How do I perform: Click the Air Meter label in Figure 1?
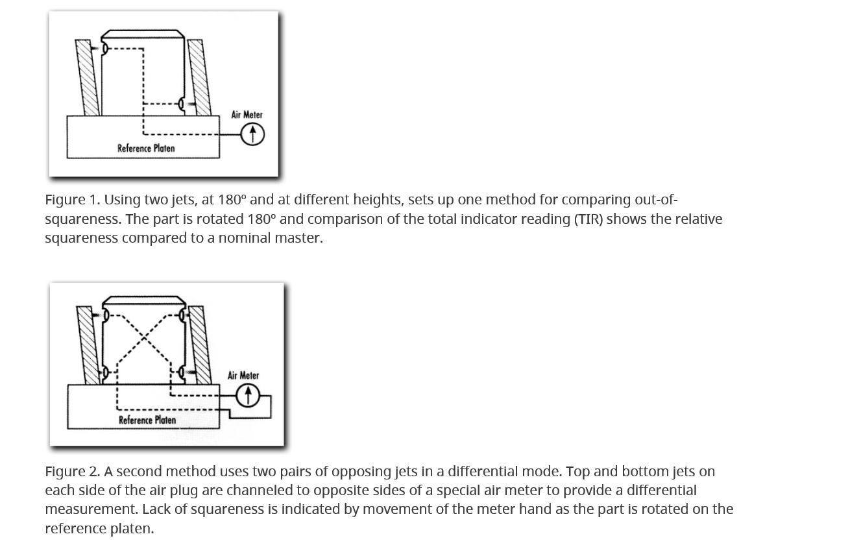click(x=247, y=115)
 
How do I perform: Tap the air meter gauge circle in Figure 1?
click(x=252, y=134)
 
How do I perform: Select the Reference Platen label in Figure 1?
click(x=146, y=149)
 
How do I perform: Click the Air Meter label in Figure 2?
click(x=243, y=376)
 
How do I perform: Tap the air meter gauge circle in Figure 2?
click(x=247, y=395)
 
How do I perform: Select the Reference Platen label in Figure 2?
click(x=147, y=420)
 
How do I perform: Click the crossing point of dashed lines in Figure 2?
click(x=144, y=345)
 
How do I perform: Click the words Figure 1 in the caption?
click(x=71, y=200)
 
